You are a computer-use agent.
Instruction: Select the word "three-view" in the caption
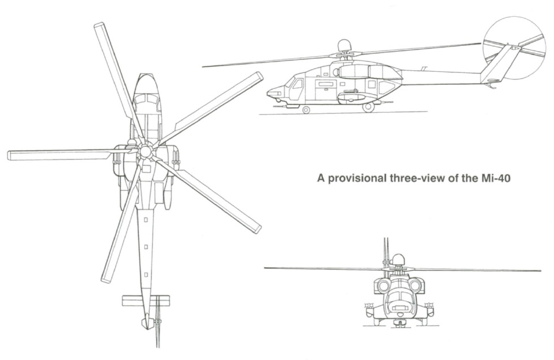[x=417, y=178]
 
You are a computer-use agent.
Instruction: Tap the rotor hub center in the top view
[x=144, y=152]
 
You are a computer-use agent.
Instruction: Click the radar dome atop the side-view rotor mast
[x=343, y=45]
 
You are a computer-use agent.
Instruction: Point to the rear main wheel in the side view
[x=368, y=108]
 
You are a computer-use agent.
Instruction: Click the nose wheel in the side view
[x=306, y=110]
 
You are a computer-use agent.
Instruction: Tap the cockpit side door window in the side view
[x=298, y=84]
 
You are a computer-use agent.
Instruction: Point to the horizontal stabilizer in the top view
[x=145, y=301]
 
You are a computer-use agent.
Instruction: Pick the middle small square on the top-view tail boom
[x=145, y=247]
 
